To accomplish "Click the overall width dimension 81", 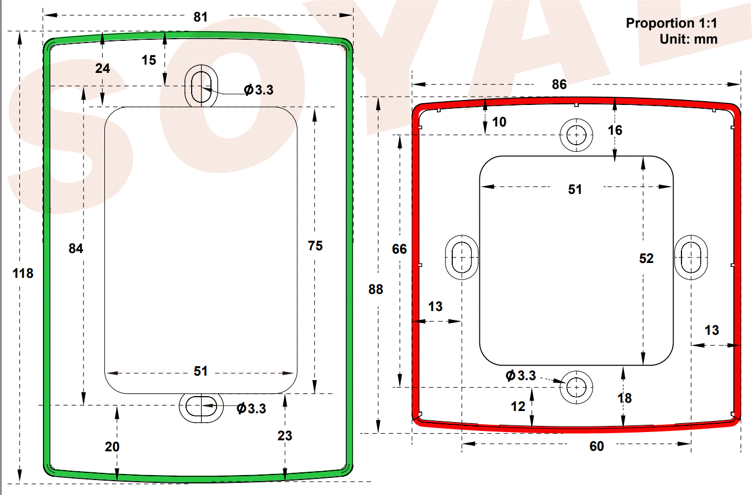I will click(x=200, y=17).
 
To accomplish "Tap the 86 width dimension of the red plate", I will click(x=559, y=85).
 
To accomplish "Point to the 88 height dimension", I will click(x=376, y=289).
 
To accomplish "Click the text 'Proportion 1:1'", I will click(x=672, y=24).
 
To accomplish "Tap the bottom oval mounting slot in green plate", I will click(x=199, y=407).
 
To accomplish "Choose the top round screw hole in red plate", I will click(x=577, y=134).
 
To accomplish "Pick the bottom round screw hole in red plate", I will click(x=577, y=387).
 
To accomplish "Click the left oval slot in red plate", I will click(x=461, y=257).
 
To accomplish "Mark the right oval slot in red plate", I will click(x=691, y=257).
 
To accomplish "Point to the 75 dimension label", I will click(x=315, y=246).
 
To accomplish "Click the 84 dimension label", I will click(x=76, y=249).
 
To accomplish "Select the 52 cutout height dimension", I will click(x=646, y=258).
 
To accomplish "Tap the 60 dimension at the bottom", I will click(x=597, y=446).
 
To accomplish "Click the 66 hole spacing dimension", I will click(x=399, y=249).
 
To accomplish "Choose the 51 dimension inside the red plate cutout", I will click(x=575, y=189).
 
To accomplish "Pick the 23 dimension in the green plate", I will click(x=285, y=436).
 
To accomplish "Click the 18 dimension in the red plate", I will click(x=625, y=398).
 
